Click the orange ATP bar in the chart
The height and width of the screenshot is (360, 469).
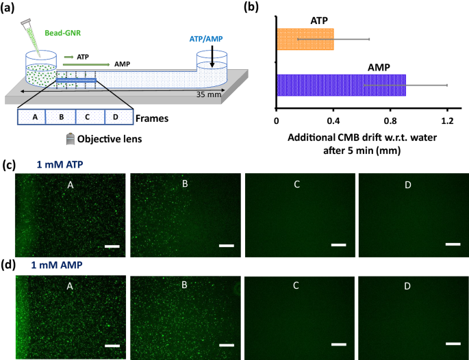[305, 39]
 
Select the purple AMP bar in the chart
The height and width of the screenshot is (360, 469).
[341, 85]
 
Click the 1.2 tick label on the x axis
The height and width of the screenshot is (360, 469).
[447, 121]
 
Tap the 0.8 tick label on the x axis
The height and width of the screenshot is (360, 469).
[390, 121]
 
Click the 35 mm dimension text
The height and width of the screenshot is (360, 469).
[209, 94]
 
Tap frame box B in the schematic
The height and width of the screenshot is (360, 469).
[61, 117]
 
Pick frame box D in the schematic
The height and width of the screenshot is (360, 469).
[115, 117]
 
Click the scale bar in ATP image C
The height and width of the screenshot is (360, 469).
[338, 244]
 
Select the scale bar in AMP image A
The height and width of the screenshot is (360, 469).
[112, 344]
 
